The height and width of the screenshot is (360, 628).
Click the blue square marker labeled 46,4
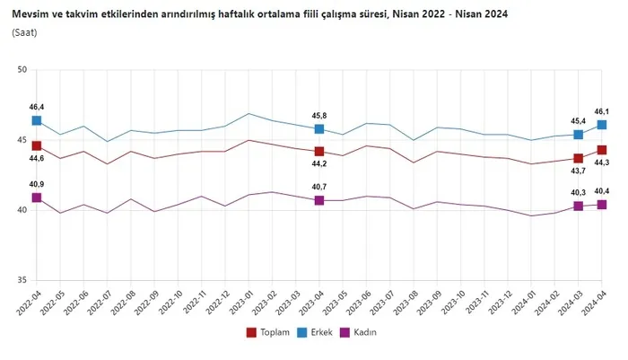click(x=37, y=120)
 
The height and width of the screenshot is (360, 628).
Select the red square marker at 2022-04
click(x=37, y=145)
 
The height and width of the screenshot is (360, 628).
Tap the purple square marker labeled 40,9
click(x=37, y=198)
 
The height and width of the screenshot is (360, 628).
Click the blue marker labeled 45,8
click(x=319, y=129)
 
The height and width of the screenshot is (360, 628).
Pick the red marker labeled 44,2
click(x=319, y=152)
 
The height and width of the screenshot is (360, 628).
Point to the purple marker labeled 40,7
click(x=319, y=200)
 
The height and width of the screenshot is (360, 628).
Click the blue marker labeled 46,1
click(x=602, y=125)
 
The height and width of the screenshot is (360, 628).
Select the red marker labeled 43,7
click(x=579, y=159)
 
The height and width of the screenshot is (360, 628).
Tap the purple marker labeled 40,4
click(x=602, y=205)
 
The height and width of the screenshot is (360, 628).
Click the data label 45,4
click(x=579, y=120)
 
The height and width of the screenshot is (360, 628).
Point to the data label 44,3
click(x=603, y=162)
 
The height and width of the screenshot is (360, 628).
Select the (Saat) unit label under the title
click(x=25, y=32)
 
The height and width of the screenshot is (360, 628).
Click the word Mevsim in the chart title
click(x=31, y=13)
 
